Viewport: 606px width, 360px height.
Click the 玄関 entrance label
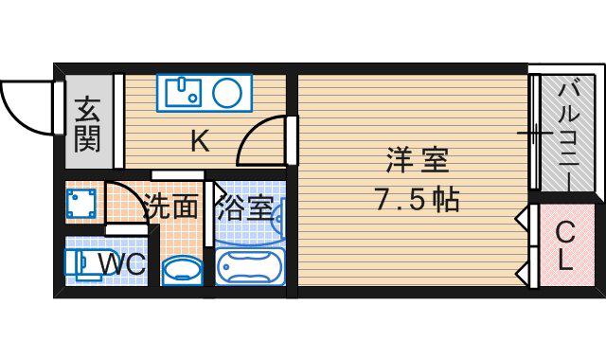pyautogui.click(x=88, y=124)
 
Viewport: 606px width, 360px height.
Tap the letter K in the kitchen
pyautogui.click(x=200, y=141)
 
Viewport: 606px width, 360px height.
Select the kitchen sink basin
pyautogui.click(x=183, y=93)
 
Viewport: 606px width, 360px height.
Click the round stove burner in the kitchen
pyautogui.click(x=227, y=93)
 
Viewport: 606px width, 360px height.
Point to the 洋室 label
pyautogui.click(x=417, y=160)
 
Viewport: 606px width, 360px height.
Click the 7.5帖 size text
pyautogui.click(x=418, y=200)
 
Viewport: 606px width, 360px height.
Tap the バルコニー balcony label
pyautogui.click(x=568, y=134)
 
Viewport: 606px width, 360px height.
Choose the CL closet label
pyautogui.click(x=565, y=246)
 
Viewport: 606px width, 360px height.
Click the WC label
pyautogui.click(x=122, y=264)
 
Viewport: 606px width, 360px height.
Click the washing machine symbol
pyautogui.click(x=80, y=204)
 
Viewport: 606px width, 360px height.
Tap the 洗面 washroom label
pyautogui.click(x=170, y=207)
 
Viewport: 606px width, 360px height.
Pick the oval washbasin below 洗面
pyautogui.click(x=182, y=271)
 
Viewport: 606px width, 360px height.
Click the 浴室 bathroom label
pyautogui.click(x=245, y=207)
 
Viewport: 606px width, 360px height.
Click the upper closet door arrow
pyautogui.click(x=522, y=220)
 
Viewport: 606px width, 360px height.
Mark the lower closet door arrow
pyautogui.click(x=522, y=274)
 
